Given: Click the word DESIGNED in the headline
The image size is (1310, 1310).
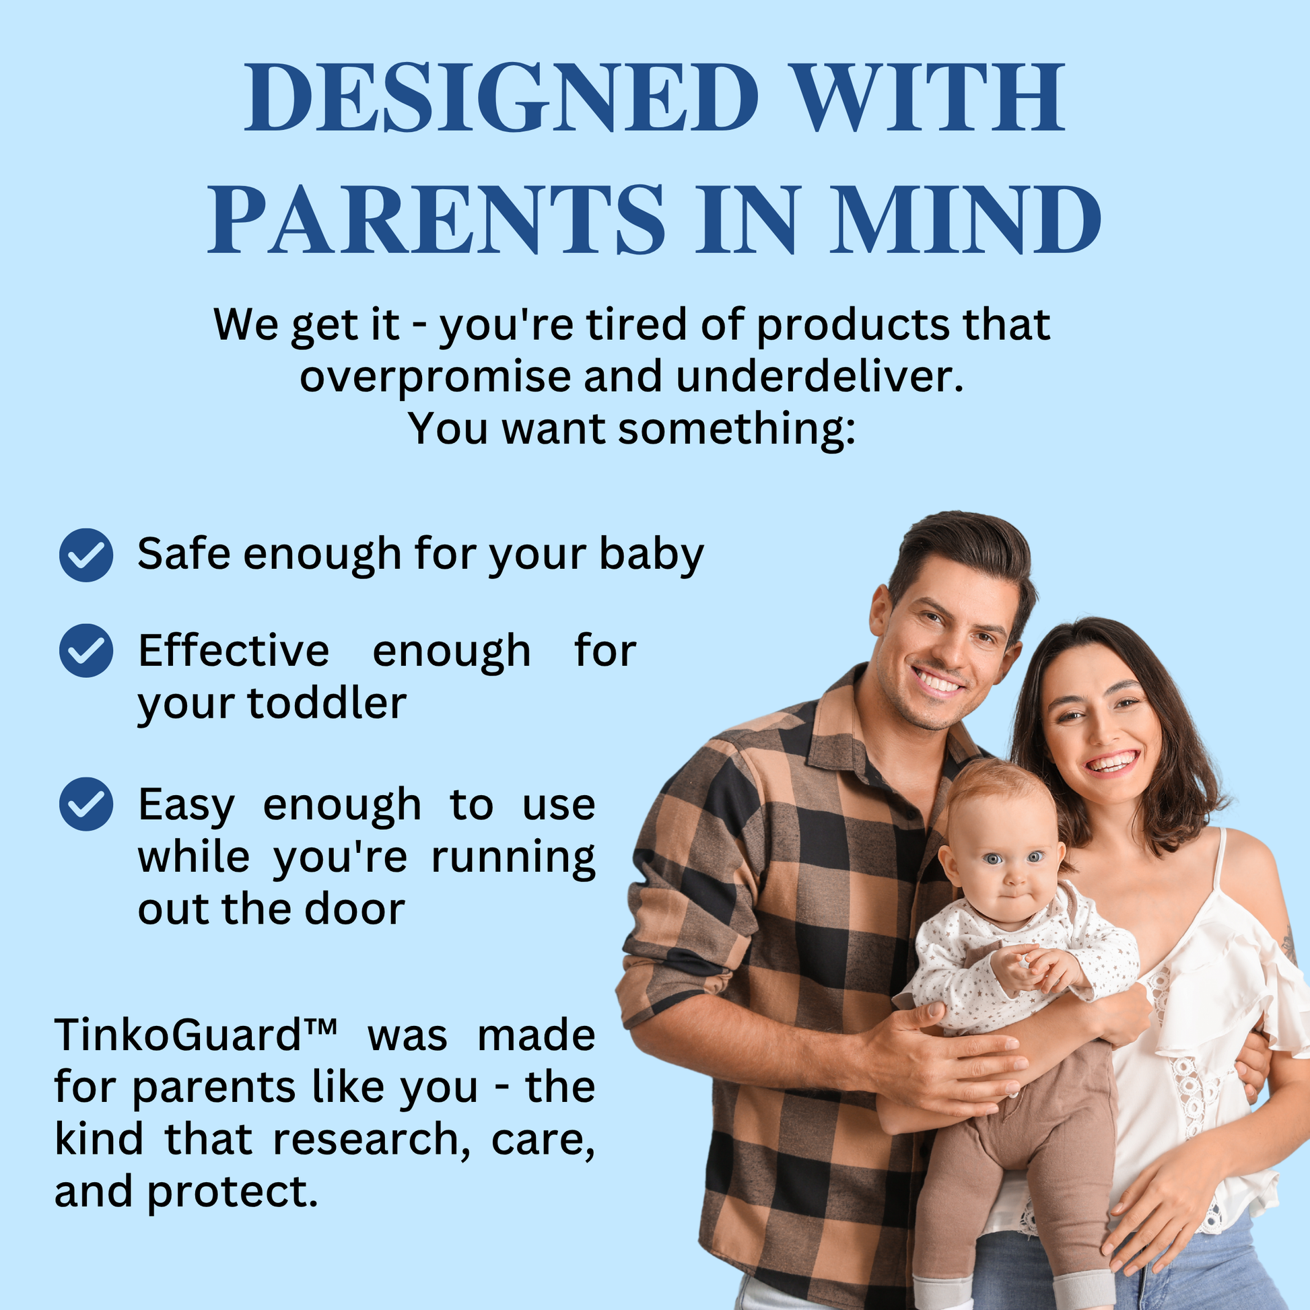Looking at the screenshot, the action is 501,97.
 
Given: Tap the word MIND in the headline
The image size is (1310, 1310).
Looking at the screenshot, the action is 965,219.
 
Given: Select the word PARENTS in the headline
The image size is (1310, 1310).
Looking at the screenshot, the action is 437,219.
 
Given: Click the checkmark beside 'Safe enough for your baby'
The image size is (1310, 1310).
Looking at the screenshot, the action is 86,555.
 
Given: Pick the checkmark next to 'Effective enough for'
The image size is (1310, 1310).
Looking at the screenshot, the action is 86,650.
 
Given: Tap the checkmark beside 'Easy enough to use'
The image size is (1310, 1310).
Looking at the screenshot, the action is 86,804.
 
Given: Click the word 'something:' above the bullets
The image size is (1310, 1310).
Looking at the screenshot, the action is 736,430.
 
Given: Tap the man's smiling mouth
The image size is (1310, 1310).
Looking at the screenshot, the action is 938,680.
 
